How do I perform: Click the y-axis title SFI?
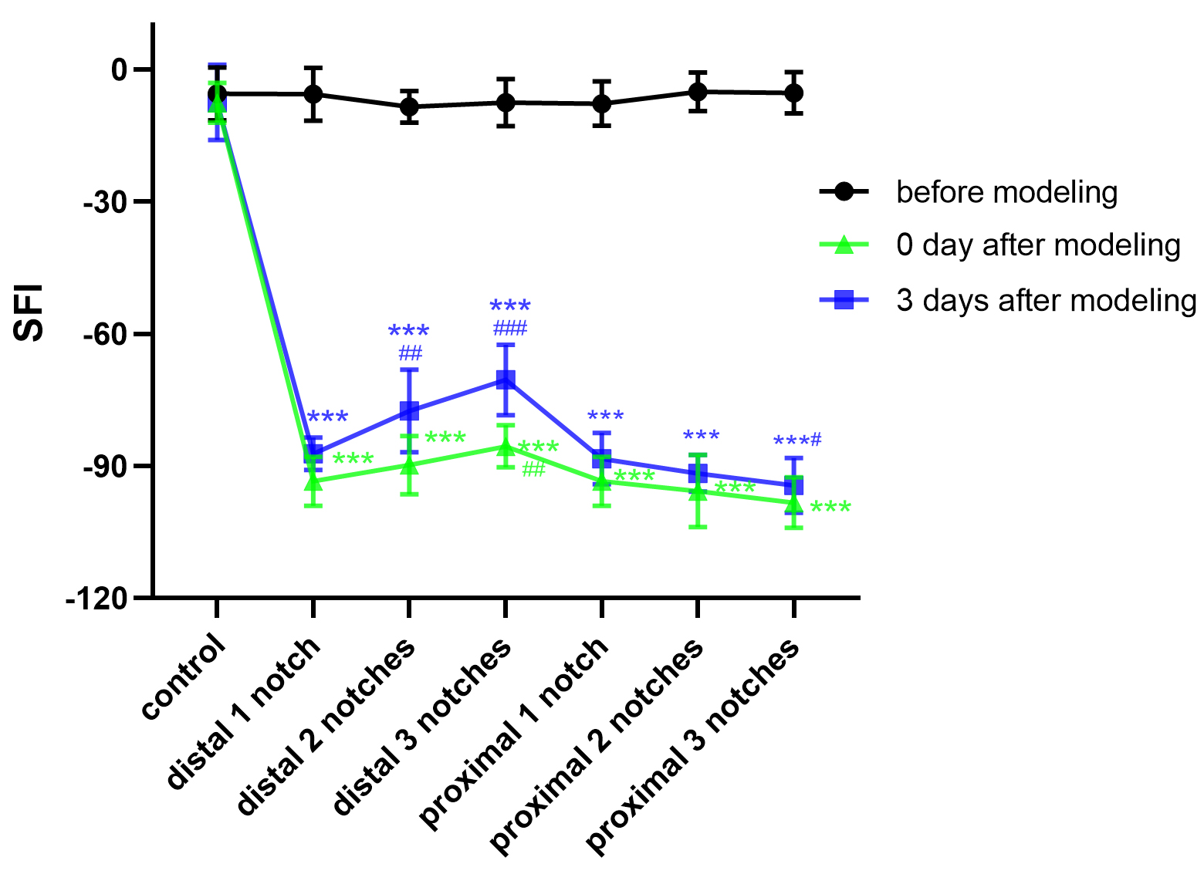[29, 312]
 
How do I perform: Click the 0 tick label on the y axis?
[120, 70]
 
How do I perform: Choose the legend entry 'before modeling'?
[1006, 192]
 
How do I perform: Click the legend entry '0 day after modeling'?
[1038, 245]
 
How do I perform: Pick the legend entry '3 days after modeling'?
[1046, 300]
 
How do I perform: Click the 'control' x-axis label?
[184, 678]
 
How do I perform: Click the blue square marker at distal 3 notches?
[506, 380]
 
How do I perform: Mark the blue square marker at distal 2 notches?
[409, 410]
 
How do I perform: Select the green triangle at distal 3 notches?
[506, 447]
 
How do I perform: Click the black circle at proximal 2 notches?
[698, 92]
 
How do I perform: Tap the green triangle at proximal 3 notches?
[793, 503]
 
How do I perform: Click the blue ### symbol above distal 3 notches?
[510, 329]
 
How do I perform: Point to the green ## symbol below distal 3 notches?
[533, 469]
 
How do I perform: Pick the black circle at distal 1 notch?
[313, 94]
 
